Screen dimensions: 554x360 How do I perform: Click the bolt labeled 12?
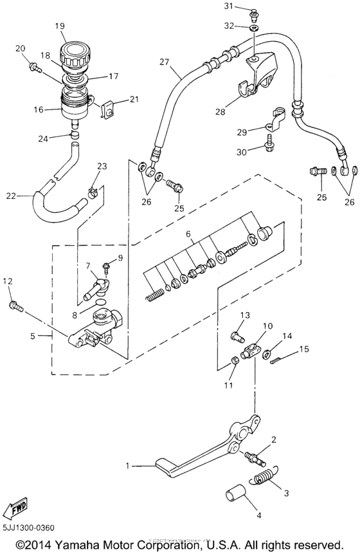click(15, 305)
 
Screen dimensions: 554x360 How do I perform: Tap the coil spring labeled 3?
click(261, 479)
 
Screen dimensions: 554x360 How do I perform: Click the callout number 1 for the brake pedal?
click(127, 465)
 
